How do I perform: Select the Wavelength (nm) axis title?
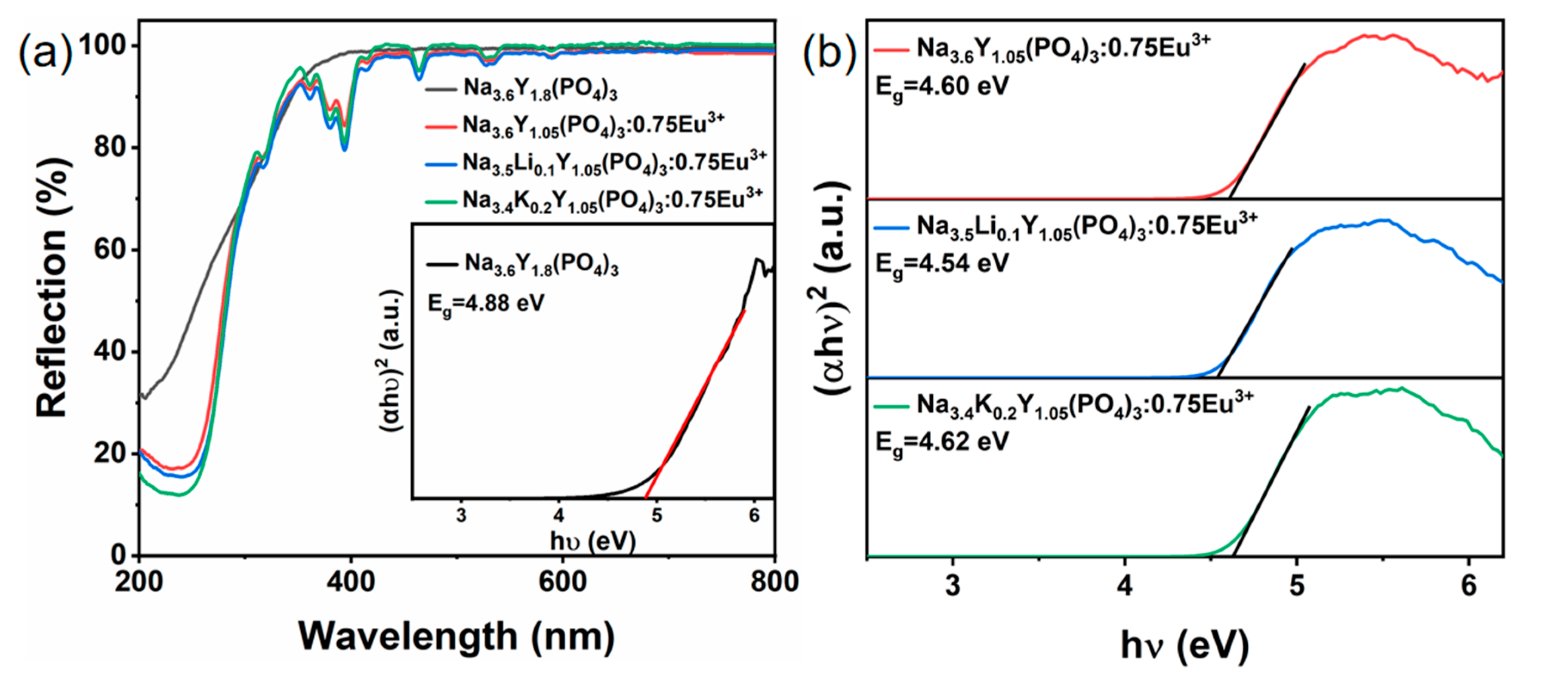coord(457,637)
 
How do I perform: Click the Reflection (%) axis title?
coord(53,288)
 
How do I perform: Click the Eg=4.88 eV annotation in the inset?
coord(486,303)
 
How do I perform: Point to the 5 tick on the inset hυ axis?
coord(657,515)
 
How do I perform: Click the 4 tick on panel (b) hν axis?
coord(1124,585)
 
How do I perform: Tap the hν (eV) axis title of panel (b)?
coord(1184,646)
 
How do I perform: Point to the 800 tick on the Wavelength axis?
coord(774,582)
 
